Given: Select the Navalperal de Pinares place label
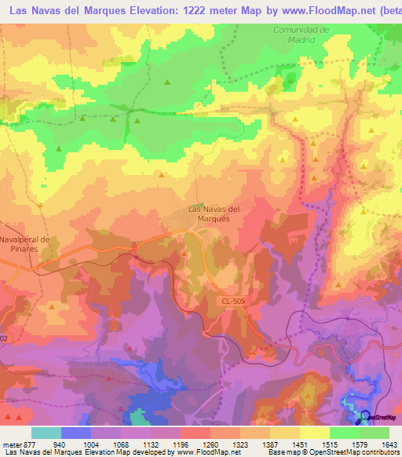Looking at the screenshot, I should coord(25,243).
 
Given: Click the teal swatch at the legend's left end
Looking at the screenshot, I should coord(46,433).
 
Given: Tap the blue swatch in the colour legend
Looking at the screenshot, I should coord(76,433).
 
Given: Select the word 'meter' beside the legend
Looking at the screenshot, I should coord(10,444).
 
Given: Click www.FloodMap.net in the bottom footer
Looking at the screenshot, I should coord(209,452).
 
